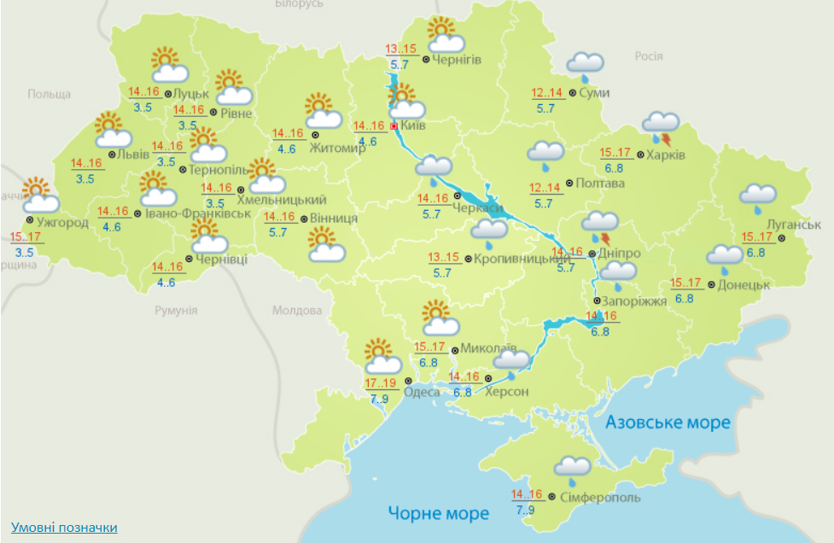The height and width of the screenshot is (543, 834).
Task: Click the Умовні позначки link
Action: [x=64, y=528]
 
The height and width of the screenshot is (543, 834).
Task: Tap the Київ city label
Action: [x=413, y=126]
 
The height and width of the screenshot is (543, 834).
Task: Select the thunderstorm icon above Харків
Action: [x=662, y=126]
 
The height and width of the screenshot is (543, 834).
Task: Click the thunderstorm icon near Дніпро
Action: [x=600, y=225]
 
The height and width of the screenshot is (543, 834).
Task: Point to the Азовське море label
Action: [x=668, y=423]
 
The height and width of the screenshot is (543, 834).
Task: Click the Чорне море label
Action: [x=439, y=513]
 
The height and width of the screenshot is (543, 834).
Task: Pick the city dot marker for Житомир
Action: [x=315, y=135]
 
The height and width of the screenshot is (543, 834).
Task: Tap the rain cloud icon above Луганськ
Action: [x=757, y=197]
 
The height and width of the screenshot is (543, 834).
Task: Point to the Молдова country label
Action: [x=295, y=311]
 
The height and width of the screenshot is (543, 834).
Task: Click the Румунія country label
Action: [x=176, y=311]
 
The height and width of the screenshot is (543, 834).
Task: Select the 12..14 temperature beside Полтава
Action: [x=544, y=188]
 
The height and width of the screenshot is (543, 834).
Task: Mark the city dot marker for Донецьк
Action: [x=711, y=285]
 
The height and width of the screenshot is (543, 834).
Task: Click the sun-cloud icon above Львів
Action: [x=112, y=131]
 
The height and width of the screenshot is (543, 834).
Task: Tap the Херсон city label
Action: [x=507, y=392]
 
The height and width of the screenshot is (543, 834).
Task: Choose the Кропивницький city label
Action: [x=510, y=258]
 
